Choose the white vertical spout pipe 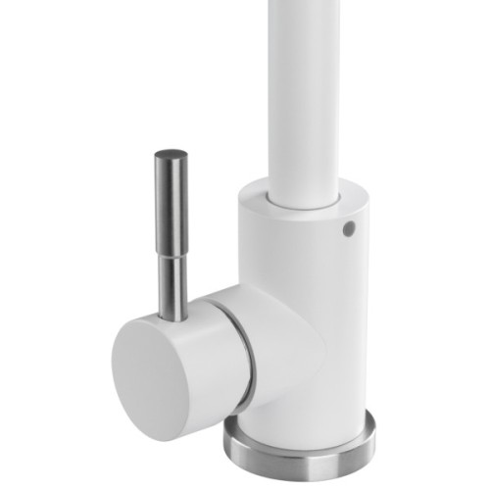click(306, 88)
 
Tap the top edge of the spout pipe click(306, 3)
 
